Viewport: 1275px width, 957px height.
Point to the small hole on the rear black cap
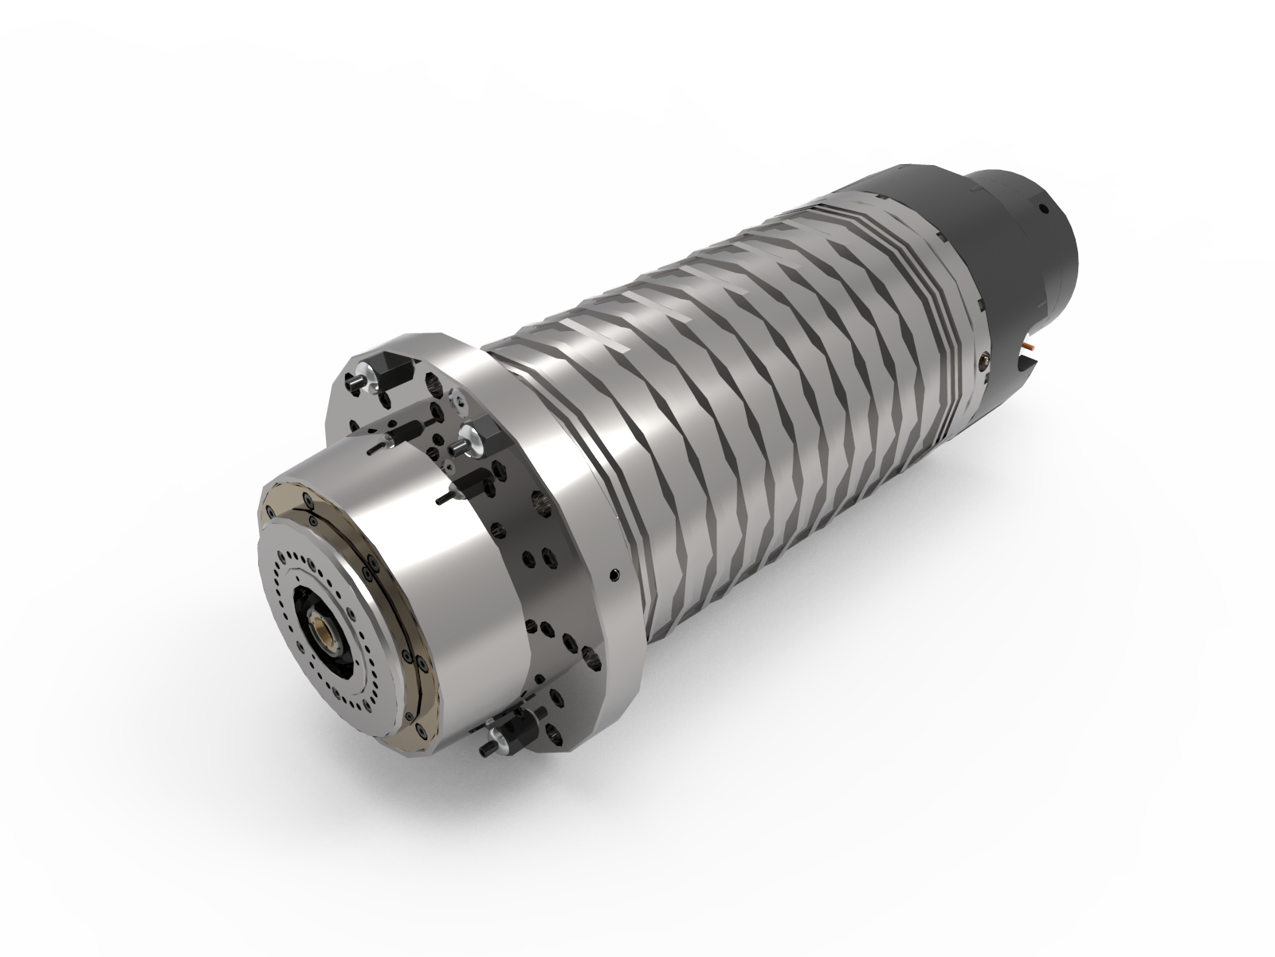pos(1042,210)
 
